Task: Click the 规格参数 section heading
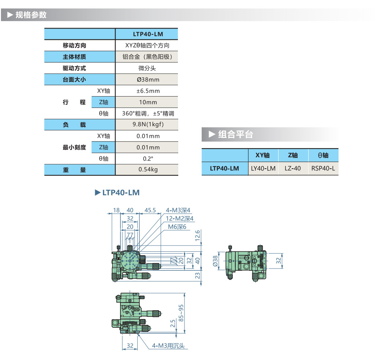coord(31,15)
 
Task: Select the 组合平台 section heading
coord(235,134)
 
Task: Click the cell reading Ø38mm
coord(146,79)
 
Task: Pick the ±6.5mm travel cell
coord(146,91)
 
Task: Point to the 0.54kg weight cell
coord(146,170)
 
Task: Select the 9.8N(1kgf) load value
coord(146,125)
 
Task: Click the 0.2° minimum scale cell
coord(146,158)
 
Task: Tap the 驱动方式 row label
coord(74,68)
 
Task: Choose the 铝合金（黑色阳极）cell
coord(146,57)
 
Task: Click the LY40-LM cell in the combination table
coord(263,168)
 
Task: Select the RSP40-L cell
coord(323,168)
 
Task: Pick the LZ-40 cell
coord(293,168)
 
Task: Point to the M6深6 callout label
coord(177,227)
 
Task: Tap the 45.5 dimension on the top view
coord(150,210)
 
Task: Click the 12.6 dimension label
coord(198,236)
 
